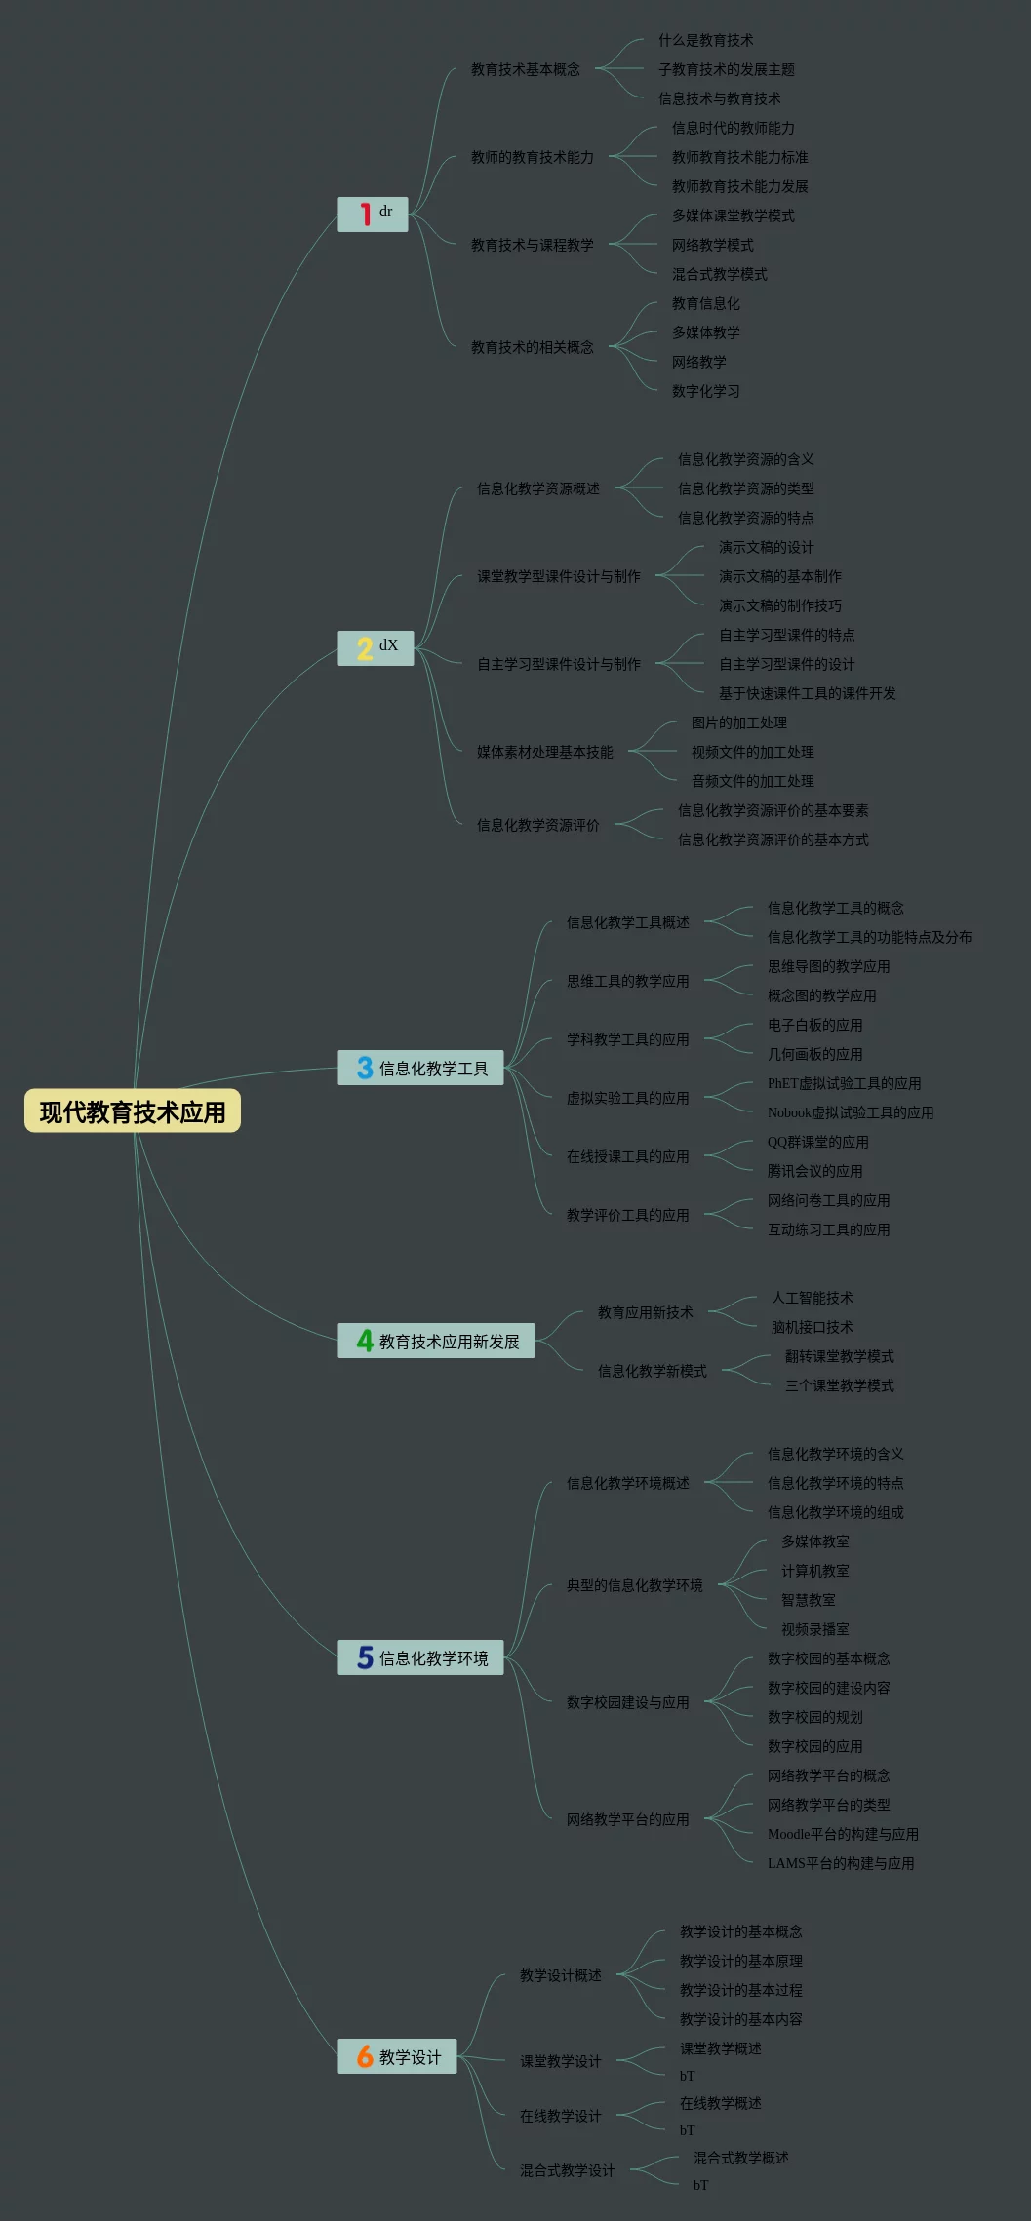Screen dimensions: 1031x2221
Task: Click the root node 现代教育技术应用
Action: click(x=133, y=1111)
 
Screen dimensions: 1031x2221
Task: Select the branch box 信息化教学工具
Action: click(x=420, y=1069)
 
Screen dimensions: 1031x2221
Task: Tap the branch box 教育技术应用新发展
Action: click(x=436, y=1342)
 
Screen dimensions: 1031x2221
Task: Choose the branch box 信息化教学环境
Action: click(x=420, y=1658)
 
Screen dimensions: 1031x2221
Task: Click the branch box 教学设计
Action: click(x=397, y=2057)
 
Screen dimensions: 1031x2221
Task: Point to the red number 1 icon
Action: click(x=365, y=214)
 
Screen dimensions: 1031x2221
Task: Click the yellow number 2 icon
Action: click(x=364, y=648)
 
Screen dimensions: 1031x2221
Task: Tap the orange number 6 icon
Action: click(x=365, y=2056)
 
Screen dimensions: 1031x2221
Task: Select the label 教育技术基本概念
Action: click(x=525, y=69)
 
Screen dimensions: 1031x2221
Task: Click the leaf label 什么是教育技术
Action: click(x=705, y=40)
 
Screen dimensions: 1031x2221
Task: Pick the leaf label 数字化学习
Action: click(x=705, y=391)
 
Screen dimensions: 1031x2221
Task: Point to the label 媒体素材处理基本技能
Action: click(x=544, y=752)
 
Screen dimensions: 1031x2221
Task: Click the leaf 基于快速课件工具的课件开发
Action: click(x=807, y=693)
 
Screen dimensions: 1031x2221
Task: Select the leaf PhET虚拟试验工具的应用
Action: click(x=844, y=1083)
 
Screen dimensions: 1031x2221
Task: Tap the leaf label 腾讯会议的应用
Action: click(x=814, y=1171)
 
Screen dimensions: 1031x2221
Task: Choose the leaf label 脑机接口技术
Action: click(x=812, y=1327)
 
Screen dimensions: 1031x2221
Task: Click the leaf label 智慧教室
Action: click(x=808, y=1600)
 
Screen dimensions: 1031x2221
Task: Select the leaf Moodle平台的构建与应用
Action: click(x=843, y=1834)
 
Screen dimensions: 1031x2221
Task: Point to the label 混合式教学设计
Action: click(x=567, y=2170)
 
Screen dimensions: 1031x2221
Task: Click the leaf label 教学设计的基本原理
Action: click(x=740, y=1961)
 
